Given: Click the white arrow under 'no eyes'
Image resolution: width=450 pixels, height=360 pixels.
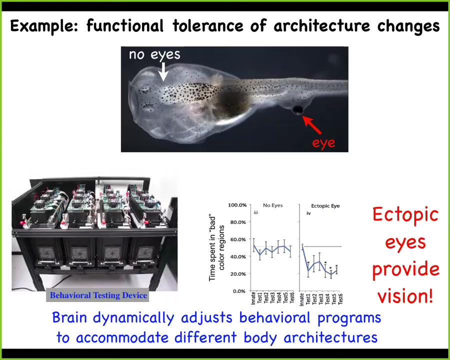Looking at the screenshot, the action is click(x=163, y=71).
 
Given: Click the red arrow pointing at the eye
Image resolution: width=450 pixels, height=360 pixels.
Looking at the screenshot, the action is click(x=312, y=125).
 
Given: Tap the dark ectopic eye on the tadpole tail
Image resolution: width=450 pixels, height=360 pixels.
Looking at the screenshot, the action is click(x=298, y=110).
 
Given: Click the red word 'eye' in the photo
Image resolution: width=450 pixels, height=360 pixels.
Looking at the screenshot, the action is click(x=323, y=142).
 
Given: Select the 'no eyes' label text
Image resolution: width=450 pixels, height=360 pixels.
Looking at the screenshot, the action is click(x=154, y=54).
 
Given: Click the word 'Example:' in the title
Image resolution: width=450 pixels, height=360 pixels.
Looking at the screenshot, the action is click(x=44, y=26).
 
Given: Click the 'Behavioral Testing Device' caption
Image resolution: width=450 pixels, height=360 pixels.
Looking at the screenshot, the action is click(x=98, y=295).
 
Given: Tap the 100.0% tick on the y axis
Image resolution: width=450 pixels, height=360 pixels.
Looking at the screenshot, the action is click(x=237, y=205).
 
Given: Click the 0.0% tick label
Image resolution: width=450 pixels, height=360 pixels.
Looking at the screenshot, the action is click(x=239, y=291).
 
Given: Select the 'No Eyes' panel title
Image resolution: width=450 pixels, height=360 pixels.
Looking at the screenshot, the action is click(x=272, y=205).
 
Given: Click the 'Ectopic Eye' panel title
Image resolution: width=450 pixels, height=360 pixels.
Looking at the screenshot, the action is click(x=325, y=206).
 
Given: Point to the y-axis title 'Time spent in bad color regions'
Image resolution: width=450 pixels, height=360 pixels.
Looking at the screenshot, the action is click(x=216, y=248).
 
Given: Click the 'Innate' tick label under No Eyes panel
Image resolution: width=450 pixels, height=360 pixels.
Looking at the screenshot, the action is click(x=253, y=298).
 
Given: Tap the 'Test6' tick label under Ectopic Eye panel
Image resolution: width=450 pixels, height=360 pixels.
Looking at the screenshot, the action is click(x=340, y=298).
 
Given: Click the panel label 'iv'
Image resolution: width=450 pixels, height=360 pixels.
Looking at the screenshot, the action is click(x=308, y=213).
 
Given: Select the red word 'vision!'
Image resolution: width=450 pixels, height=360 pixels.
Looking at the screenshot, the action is click(x=405, y=295).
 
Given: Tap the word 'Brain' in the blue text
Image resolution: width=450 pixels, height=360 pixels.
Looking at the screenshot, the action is click(x=69, y=317).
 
